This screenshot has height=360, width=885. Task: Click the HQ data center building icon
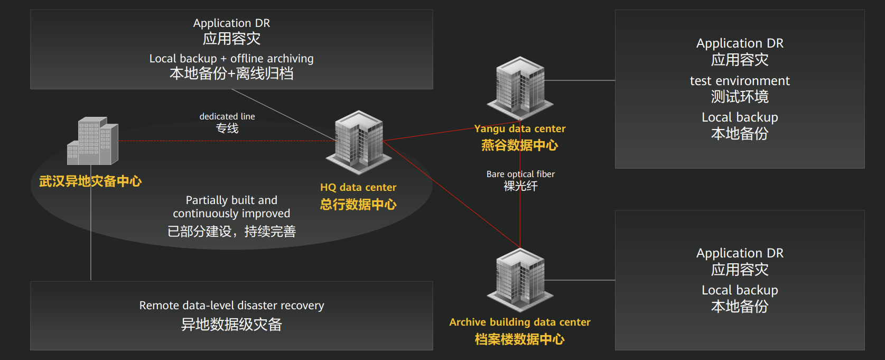pyautogui.click(x=359, y=142)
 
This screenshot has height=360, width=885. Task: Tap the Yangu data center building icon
pyautogui.click(x=520, y=88)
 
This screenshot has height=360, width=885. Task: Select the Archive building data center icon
pyautogui.click(x=520, y=280)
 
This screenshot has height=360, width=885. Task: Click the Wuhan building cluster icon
pyautogui.click(x=92, y=141)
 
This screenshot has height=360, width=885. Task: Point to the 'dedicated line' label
pyautogui.click(x=227, y=116)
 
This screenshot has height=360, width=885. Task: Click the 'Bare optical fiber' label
pyautogui.click(x=520, y=174)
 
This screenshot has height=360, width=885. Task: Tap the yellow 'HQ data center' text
pyautogui.click(x=358, y=187)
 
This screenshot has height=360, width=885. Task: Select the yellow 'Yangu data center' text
pyautogui.click(x=520, y=128)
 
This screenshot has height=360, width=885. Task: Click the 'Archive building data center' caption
pyautogui.click(x=520, y=322)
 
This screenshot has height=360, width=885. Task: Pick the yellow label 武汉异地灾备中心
pyautogui.click(x=90, y=181)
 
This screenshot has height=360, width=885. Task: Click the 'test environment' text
pyautogui.click(x=740, y=81)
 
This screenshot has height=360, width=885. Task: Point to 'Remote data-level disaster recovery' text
pyautogui.click(x=231, y=305)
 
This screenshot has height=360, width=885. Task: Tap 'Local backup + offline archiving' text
pyautogui.click(x=231, y=58)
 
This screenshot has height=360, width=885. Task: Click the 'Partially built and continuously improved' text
pyautogui.click(x=231, y=207)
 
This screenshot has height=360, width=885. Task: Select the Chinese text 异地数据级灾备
pyautogui.click(x=231, y=324)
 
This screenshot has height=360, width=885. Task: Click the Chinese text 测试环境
pyautogui.click(x=740, y=97)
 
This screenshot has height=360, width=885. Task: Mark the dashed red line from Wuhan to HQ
pyautogui.click(x=227, y=141)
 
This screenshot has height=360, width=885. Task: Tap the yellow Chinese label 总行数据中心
pyautogui.click(x=358, y=204)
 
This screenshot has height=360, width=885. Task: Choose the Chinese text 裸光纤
pyautogui.click(x=520, y=186)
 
